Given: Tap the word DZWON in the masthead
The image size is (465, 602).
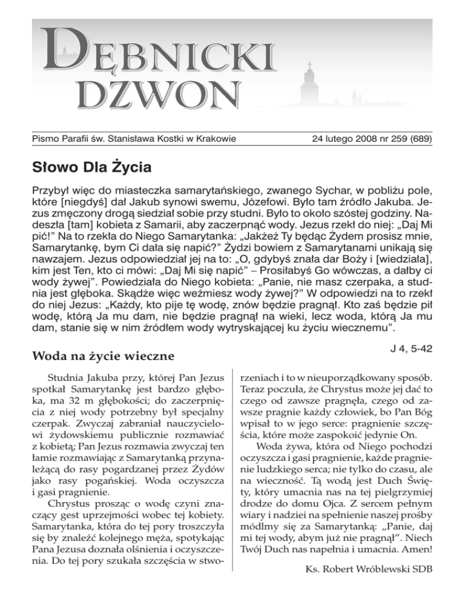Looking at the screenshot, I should click(x=158, y=94).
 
